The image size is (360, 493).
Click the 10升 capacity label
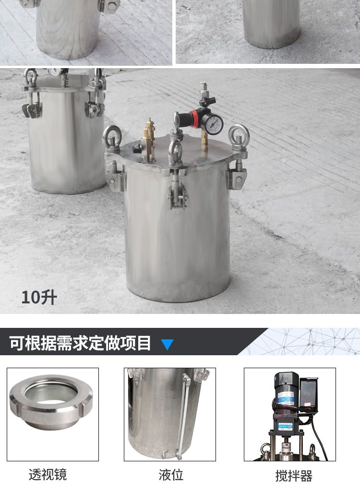[x=39, y=298]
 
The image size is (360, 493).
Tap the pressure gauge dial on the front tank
[x=212, y=123]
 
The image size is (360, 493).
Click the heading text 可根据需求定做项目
[x=80, y=343]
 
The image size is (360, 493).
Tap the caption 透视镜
[x=48, y=475]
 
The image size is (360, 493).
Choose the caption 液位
[x=171, y=475]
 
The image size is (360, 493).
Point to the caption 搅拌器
[x=294, y=476]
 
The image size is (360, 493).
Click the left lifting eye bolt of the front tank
[x=112, y=140]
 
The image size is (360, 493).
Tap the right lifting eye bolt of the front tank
[x=239, y=139]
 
